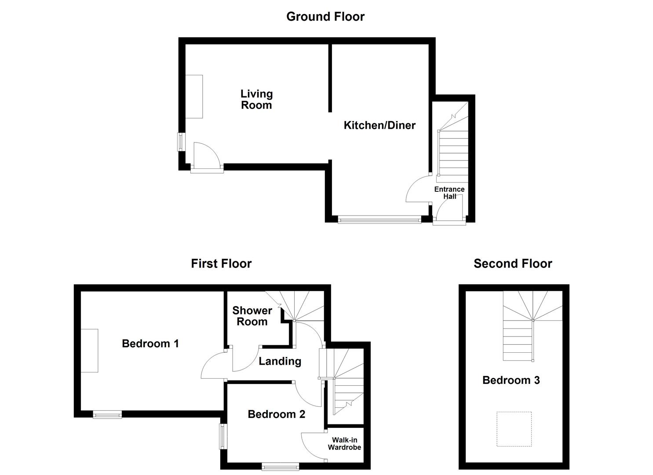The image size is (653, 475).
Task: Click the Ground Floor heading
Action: click(325, 17)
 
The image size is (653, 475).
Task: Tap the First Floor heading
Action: click(221, 264)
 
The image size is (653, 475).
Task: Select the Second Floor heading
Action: click(512, 264)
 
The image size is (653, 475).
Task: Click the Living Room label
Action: click(256, 99)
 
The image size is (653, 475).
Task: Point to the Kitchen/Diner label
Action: click(379, 125)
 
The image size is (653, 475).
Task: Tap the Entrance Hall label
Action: click(449, 193)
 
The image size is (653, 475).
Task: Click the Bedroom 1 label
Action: click(150, 343)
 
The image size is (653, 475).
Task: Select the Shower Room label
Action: click(252, 316)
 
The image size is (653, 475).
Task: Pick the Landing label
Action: click(280, 362)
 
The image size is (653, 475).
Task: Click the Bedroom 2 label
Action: click(276, 414)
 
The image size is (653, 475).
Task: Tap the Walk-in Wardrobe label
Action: click(344, 444)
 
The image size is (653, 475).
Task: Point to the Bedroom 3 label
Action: click(511, 380)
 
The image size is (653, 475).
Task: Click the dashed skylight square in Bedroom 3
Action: click(514, 429)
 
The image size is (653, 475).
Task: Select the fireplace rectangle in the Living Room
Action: click(194, 96)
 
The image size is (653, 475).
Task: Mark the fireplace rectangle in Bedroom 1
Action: click(89, 351)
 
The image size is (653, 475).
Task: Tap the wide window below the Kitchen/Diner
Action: click(379, 219)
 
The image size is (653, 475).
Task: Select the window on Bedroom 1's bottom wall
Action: click(107, 414)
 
